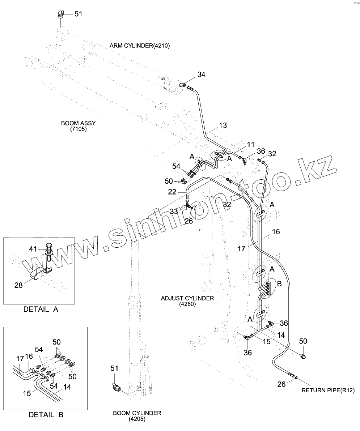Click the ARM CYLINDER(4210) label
[x=139, y=46]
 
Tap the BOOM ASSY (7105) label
[x=79, y=126]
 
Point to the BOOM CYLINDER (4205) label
[x=137, y=416]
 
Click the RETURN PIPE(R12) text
[x=328, y=390]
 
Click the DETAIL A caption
[x=41, y=310]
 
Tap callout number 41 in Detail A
[x=33, y=249]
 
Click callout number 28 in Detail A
[x=18, y=285]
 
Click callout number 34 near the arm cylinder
[x=201, y=74]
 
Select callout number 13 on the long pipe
[x=223, y=125]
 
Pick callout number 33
[x=174, y=212]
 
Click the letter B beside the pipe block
[x=279, y=284]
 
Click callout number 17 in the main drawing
[x=241, y=248]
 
